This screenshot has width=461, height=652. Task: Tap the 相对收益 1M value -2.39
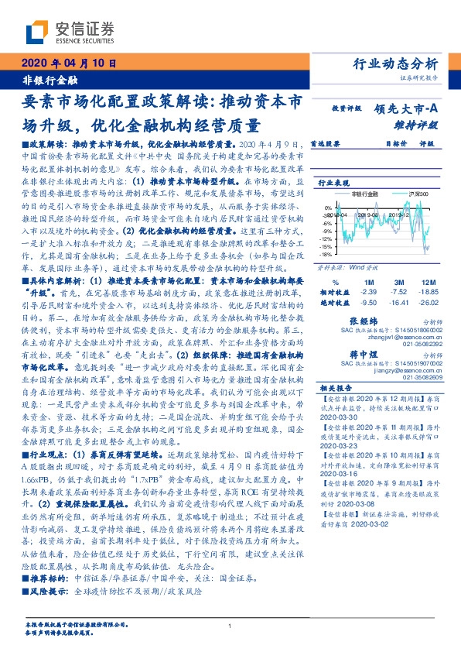(368, 293)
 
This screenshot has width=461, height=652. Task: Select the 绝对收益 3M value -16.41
(398, 304)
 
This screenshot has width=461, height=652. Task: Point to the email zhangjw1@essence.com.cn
(401, 336)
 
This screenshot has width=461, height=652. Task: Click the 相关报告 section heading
(335, 387)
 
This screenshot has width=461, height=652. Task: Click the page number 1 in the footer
(230, 626)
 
